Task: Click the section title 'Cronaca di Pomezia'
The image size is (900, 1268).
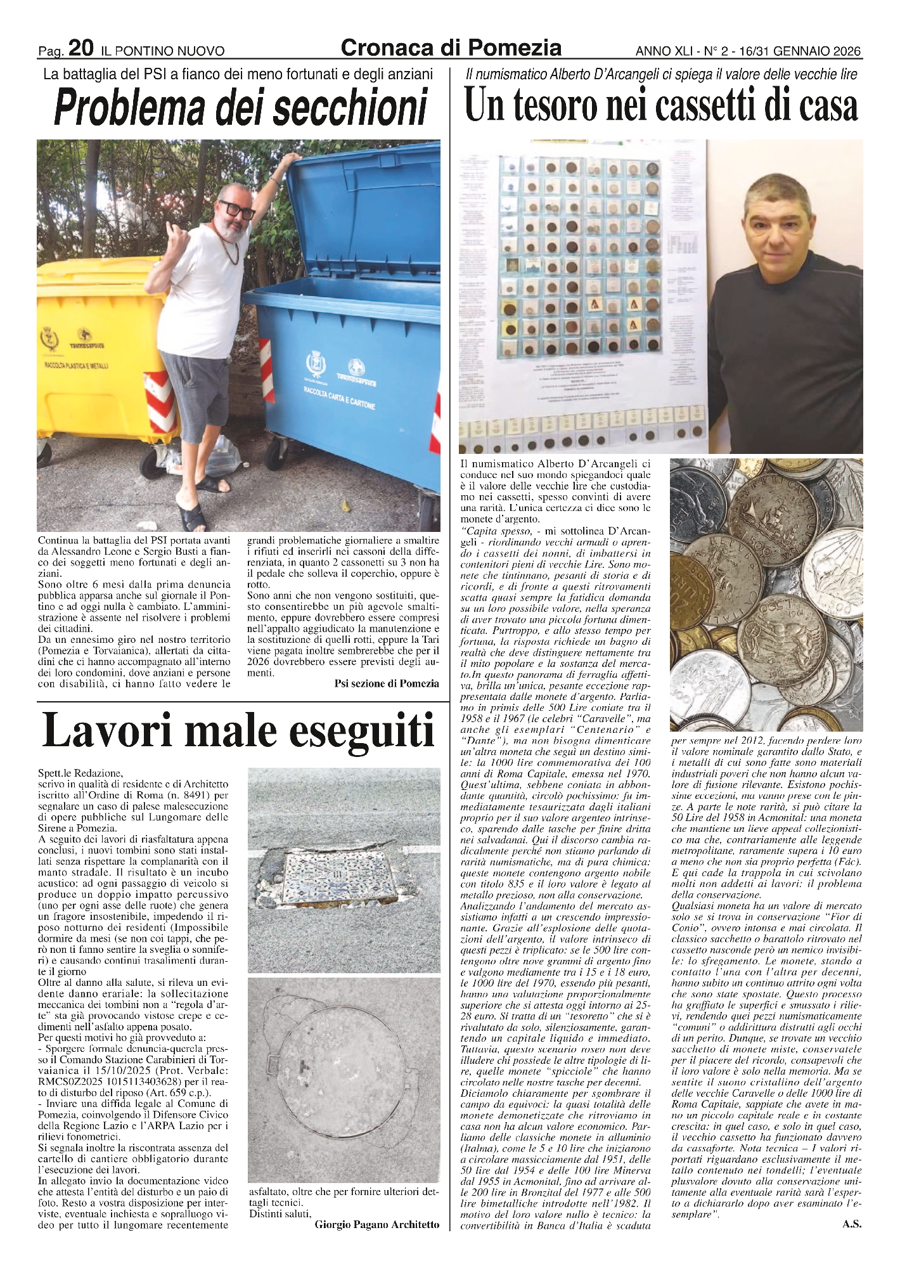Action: click(451, 48)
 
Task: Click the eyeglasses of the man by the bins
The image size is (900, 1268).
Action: click(237, 210)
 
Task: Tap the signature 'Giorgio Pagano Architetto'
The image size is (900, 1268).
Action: click(376, 1225)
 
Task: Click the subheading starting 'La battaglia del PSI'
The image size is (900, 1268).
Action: click(238, 74)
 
